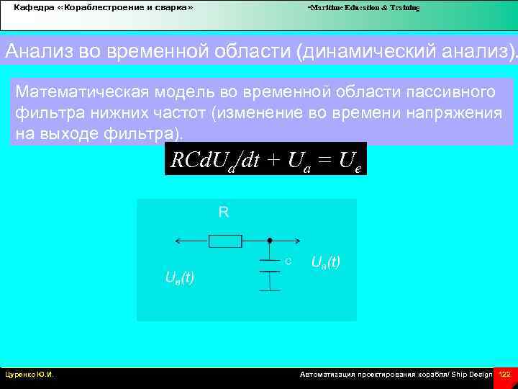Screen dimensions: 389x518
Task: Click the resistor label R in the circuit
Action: coord(224,213)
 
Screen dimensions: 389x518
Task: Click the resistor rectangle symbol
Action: coord(225,241)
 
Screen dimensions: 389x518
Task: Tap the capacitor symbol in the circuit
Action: coord(269,266)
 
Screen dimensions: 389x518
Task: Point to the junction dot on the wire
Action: coord(269,241)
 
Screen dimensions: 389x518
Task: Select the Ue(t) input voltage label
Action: coord(179,277)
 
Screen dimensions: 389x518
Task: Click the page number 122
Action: coord(504,375)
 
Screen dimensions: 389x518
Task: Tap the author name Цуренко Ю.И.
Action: coord(30,375)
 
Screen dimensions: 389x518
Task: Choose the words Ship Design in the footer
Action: coord(472,375)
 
